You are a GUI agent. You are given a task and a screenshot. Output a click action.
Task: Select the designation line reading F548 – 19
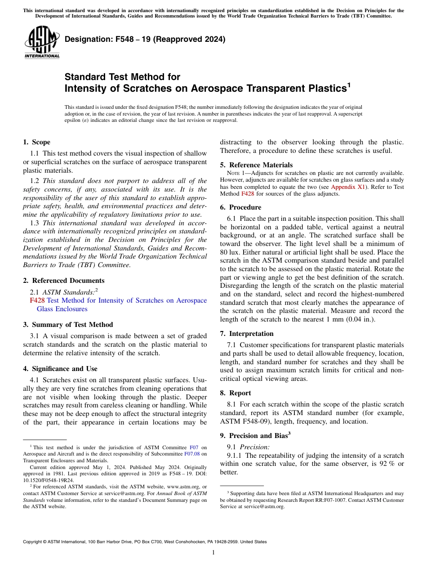click(x=145, y=40)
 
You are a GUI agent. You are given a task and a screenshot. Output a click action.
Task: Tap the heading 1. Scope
click(x=36, y=142)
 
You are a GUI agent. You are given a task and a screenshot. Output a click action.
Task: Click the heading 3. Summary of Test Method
click(x=68, y=325)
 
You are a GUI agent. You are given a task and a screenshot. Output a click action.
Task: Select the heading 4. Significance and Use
click(x=60, y=369)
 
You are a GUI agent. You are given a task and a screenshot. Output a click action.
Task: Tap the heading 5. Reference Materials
click(x=256, y=165)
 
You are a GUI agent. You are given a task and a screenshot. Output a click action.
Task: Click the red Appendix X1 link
click(x=347, y=187)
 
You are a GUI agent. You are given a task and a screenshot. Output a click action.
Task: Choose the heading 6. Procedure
click(x=240, y=207)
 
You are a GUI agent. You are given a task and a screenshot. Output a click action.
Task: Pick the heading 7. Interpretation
click(x=247, y=334)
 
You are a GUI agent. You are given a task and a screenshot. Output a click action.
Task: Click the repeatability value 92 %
click(x=385, y=464)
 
